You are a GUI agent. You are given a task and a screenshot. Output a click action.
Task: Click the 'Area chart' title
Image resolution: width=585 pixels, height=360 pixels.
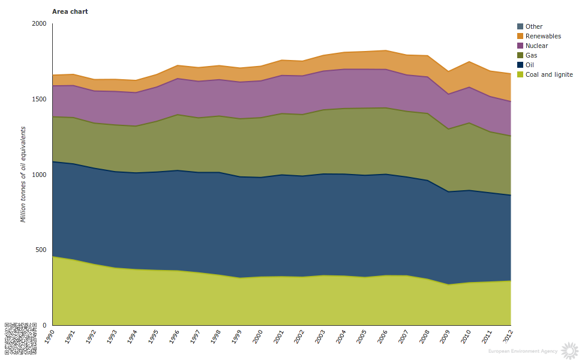(x=70, y=11)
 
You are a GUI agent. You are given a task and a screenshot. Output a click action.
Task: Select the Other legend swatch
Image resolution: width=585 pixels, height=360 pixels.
(x=520, y=26)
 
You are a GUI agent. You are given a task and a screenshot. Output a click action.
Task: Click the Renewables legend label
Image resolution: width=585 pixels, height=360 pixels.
(x=543, y=36)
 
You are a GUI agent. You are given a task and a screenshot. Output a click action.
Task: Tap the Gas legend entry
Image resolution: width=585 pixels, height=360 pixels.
(x=531, y=55)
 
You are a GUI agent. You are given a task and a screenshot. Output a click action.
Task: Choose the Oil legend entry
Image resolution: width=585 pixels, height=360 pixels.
(x=529, y=65)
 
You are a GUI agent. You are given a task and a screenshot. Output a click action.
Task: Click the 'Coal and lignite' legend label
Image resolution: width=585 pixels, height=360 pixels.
(x=548, y=74)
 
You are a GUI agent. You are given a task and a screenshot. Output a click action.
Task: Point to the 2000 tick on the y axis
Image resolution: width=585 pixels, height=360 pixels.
(x=39, y=24)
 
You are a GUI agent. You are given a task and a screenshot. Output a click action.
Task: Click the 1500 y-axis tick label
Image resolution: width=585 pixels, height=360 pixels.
(x=39, y=99)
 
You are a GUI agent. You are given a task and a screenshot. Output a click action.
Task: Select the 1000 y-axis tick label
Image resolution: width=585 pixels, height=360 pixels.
(x=39, y=175)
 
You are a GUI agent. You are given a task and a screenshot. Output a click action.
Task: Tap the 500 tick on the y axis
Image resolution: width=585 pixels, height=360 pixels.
(x=41, y=250)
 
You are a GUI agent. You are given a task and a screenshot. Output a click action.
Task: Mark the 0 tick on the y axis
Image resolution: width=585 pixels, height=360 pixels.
(x=44, y=325)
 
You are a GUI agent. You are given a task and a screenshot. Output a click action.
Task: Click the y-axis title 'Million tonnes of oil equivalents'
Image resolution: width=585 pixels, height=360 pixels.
(x=23, y=174)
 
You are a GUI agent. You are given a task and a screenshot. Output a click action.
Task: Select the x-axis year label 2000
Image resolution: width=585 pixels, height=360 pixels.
(x=257, y=336)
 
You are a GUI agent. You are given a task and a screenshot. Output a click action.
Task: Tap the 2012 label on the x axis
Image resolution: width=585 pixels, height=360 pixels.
(x=507, y=336)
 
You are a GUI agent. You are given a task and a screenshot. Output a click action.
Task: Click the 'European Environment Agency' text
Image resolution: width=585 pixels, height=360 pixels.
(x=522, y=351)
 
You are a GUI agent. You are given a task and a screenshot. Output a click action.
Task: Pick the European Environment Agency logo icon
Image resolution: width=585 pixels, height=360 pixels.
(x=569, y=349)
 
